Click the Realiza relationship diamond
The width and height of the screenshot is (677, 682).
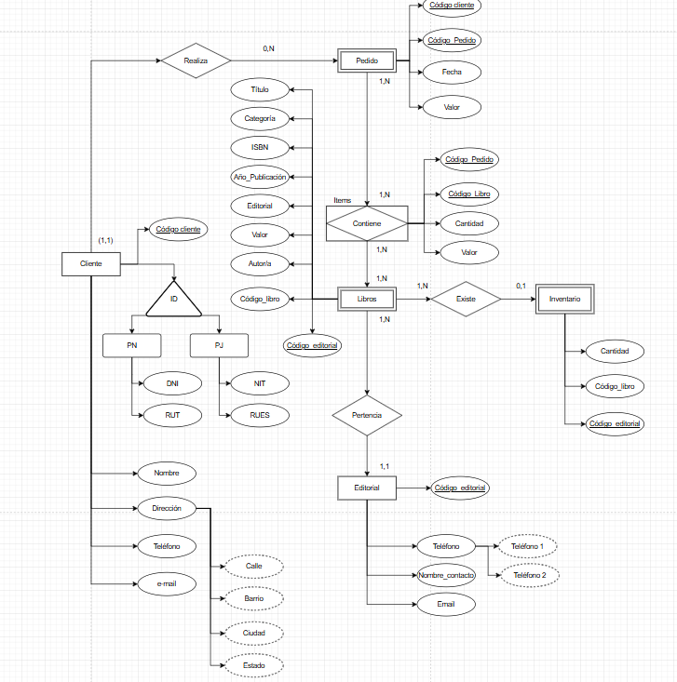[x=196, y=61]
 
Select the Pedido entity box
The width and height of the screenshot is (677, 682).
[x=367, y=61]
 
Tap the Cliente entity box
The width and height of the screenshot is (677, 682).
[x=90, y=264]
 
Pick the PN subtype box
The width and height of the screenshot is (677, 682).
[x=132, y=346]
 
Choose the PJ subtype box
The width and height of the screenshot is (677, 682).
[x=220, y=346]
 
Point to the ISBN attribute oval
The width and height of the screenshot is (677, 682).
[x=260, y=148]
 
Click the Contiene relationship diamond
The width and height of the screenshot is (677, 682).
[x=367, y=224]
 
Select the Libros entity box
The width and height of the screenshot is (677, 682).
[x=367, y=299]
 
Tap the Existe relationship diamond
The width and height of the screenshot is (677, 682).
[x=465, y=299]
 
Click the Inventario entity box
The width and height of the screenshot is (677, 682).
[x=564, y=299]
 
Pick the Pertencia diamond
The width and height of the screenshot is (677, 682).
[x=368, y=415]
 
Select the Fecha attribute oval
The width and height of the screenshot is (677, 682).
[x=451, y=71]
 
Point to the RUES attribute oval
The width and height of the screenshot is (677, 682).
[x=260, y=415]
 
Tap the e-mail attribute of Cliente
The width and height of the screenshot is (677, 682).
[x=167, y=583]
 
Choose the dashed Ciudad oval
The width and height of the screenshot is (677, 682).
[x=254, y=633]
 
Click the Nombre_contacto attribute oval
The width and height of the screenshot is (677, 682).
[x=446, y=576]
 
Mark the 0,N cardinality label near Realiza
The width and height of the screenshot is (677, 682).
[x=269, y=48]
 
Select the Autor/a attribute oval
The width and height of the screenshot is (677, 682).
[x=260, y=264]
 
